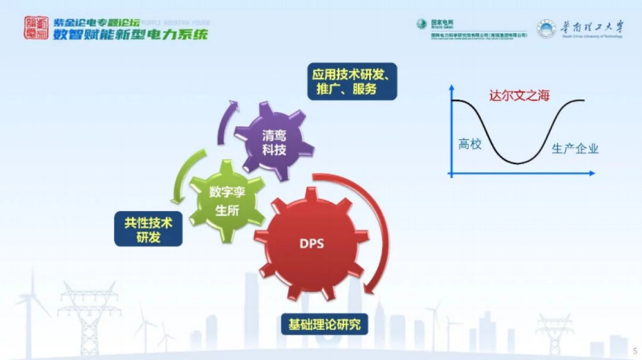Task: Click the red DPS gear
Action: point(311,244)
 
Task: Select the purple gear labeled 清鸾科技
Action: point(274,142)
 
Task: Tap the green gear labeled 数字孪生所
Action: point(227,201)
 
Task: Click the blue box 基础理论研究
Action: point(325,324)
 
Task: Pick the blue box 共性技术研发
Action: point(148,229)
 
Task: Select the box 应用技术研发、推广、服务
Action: point(352,82)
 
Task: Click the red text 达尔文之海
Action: point(519,96)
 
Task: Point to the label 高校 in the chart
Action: point(470,143)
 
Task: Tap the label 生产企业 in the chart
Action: point(575,149)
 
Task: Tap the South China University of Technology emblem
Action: point(546,29)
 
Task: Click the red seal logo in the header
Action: point(35,27)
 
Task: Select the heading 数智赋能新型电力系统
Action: point(130,34)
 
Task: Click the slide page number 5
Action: point(635,351)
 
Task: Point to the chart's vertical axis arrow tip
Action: point(452,87)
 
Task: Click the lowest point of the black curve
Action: point(517,163)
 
